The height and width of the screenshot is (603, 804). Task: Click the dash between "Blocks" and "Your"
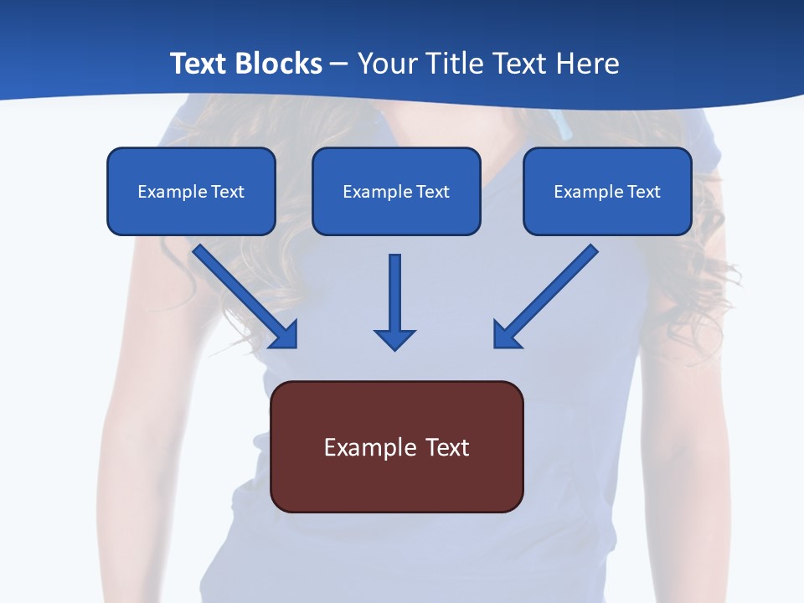(x=339, y=64)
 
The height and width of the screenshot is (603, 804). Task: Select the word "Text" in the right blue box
(x=644, y=192)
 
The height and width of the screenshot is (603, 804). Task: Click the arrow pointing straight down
(x=394, y=297)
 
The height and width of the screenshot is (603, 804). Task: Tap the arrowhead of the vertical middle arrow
(x=394, y=339)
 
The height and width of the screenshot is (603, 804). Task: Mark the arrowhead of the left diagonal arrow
(x=286, y=337)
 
